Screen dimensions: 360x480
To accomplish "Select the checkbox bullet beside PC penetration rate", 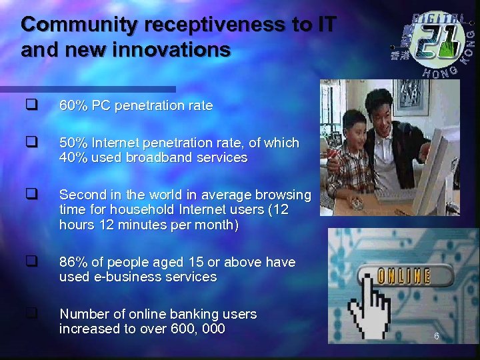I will tap(31, 105).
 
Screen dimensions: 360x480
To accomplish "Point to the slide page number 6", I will tap(436, 336).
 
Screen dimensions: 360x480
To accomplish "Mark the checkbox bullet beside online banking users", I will tap(31, 311).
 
